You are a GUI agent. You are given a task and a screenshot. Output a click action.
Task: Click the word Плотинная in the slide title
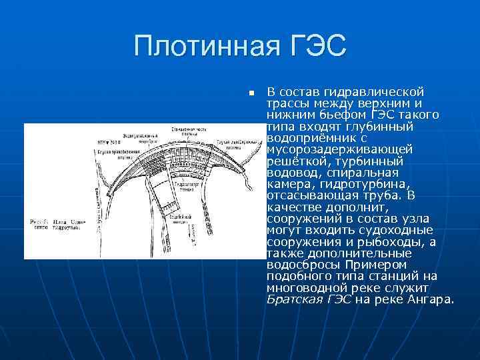(201, 47)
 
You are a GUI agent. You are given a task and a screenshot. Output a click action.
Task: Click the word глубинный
(383, 127)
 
